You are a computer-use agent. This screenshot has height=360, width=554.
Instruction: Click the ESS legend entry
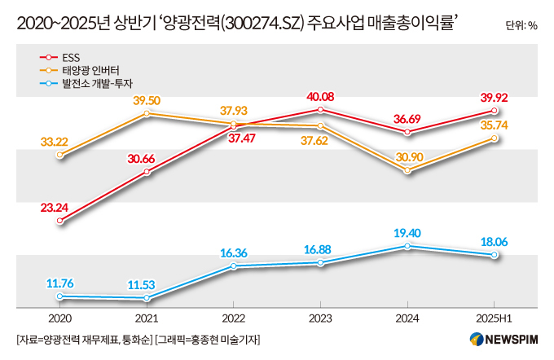(59, 58)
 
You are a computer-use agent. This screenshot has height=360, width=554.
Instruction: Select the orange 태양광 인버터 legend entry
(80, 70)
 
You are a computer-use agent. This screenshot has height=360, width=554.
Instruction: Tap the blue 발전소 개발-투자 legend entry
(86, 83)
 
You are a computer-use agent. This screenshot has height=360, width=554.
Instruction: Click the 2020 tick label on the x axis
(60, 318)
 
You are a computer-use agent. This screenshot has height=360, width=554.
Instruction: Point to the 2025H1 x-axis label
(494, 318)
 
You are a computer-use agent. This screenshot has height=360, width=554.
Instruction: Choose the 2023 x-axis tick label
(320, 318)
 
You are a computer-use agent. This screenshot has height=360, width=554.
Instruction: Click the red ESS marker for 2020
(60, 221)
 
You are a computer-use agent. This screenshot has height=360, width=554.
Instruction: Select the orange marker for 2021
(147, 113)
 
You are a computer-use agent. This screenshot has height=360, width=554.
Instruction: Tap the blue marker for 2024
(407, 246)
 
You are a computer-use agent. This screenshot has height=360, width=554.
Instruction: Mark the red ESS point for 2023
(320, 109)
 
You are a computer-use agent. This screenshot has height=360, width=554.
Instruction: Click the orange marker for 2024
(407, 170)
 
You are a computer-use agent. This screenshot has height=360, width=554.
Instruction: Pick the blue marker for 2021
(147, 298)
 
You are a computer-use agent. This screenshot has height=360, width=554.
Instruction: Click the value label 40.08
(320, 97)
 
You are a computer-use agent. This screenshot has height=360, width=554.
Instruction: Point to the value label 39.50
(147, 100)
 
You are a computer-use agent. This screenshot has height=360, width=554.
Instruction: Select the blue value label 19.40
(407, 233)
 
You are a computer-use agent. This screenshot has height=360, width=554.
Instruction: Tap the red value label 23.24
(55, 208)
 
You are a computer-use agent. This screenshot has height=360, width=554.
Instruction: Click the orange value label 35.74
(494, 125)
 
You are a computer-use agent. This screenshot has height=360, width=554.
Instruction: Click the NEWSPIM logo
(503, 340)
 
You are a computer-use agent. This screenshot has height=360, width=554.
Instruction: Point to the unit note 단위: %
(521, 25)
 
